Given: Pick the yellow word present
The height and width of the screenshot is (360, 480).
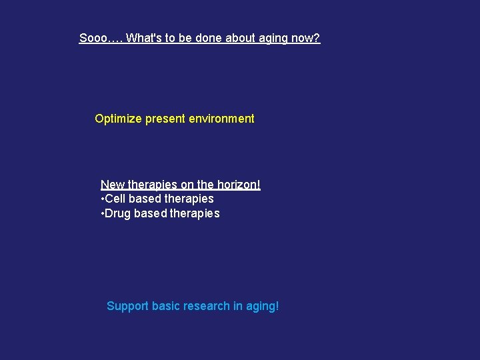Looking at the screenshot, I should coord(165,119).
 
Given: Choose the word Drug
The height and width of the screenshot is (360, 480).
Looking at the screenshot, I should coord(118,213).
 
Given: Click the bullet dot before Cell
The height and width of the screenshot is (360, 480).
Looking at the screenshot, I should coord(102,199).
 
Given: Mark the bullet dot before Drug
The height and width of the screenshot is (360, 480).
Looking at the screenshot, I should coord(102,214).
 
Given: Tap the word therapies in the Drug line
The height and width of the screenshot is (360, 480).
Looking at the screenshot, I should coord(195,213).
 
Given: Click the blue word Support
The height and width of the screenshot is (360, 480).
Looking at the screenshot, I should coord(127,307).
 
